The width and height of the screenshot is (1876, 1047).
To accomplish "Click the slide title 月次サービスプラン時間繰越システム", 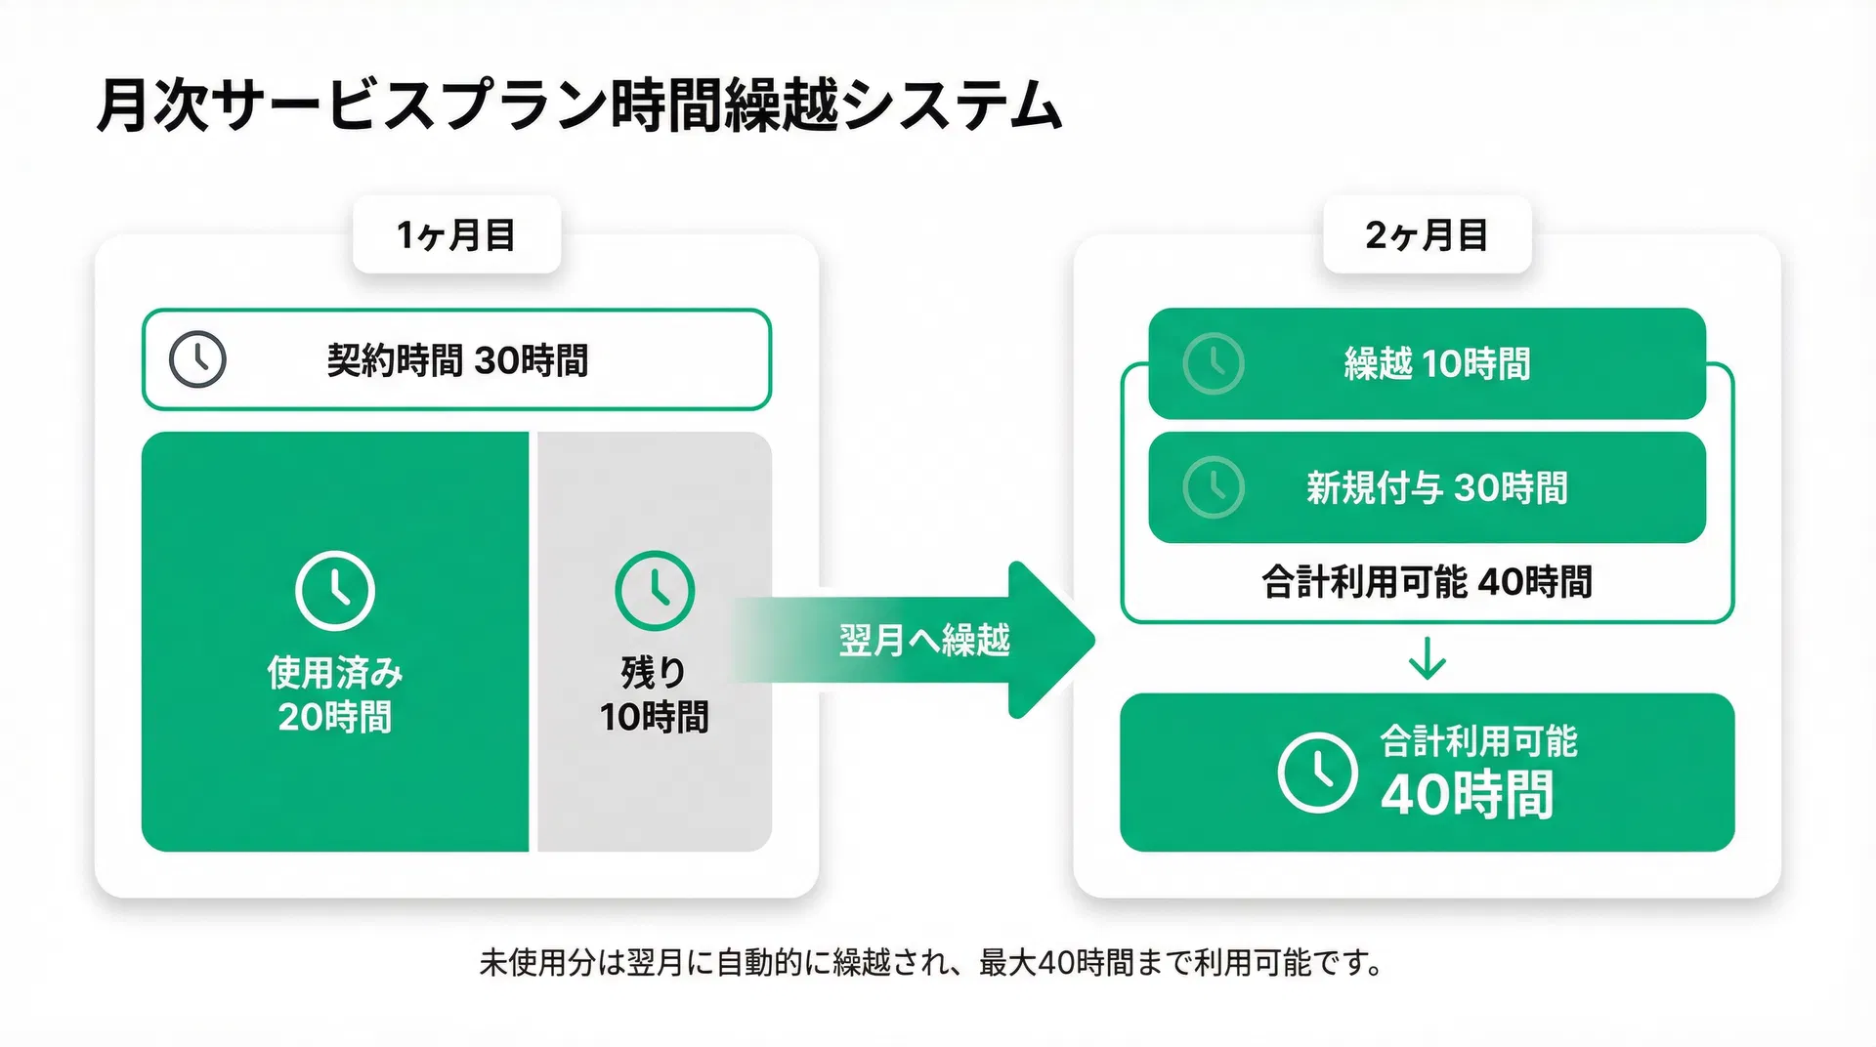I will pyautogui.click(x=579, y=105).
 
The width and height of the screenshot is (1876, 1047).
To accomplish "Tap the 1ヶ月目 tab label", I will pyautogui.click(x=456, y=235).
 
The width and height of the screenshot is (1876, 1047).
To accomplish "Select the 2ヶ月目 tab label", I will pyautogui.click(x=1427, y=235).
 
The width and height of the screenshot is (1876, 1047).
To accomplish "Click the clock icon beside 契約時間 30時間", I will pyautogui.click(x=197, y=359).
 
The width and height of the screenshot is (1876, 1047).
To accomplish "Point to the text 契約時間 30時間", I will pyautogui.click(x=457, y=360).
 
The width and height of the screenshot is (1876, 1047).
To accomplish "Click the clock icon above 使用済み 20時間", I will pyautogui.click(x=334, y=591).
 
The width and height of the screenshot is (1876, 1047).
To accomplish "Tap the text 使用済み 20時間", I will pyautogui.click(x=334, y=694).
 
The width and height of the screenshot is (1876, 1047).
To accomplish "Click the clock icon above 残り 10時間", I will pyautogui.click(x=655, y=591).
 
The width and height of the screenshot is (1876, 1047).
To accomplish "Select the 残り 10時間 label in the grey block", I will pyautogui.click(x=654, y=694).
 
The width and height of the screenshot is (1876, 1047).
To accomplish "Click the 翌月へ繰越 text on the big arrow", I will pyautogui.click(x=924, y=641).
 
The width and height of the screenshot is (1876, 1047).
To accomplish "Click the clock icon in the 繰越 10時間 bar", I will pyautogui.click(x=1214, y=363).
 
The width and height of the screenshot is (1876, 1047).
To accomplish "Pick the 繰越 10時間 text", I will pyautogui.click(x=1437, y=364).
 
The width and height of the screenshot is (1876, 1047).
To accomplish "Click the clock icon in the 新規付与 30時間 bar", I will pyautogui.click(x=1214, y=486).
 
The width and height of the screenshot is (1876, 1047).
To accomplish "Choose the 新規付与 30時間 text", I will pyautogui.click(x=1437, y=487).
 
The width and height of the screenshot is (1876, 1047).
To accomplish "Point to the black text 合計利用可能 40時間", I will pyautogui.click(x=1427, y=582).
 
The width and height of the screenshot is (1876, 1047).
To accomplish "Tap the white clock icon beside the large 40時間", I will pyautogui.click(x=1317, y=773).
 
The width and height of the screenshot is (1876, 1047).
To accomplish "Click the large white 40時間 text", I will pyautogui.click(x=1467, y=794).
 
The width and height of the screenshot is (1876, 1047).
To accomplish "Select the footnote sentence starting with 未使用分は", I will pyautogui.click(x=930, y=963).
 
